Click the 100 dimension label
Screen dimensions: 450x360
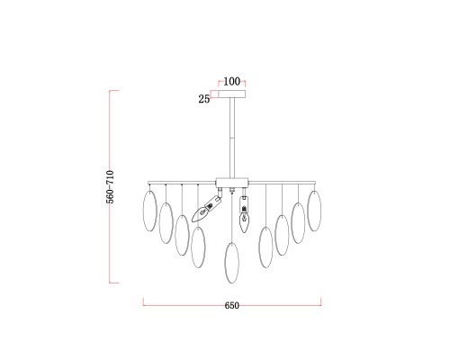pos(232,81)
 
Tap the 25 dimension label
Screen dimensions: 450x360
pos(204,99)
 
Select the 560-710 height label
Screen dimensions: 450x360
pos(110,187)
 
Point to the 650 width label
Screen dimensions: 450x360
pos(232,305)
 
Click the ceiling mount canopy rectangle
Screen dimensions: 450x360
pos(232,94)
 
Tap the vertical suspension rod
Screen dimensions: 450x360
pos(232,138)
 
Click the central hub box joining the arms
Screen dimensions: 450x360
pos(232,183)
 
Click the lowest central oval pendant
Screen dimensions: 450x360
pos(232,263)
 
